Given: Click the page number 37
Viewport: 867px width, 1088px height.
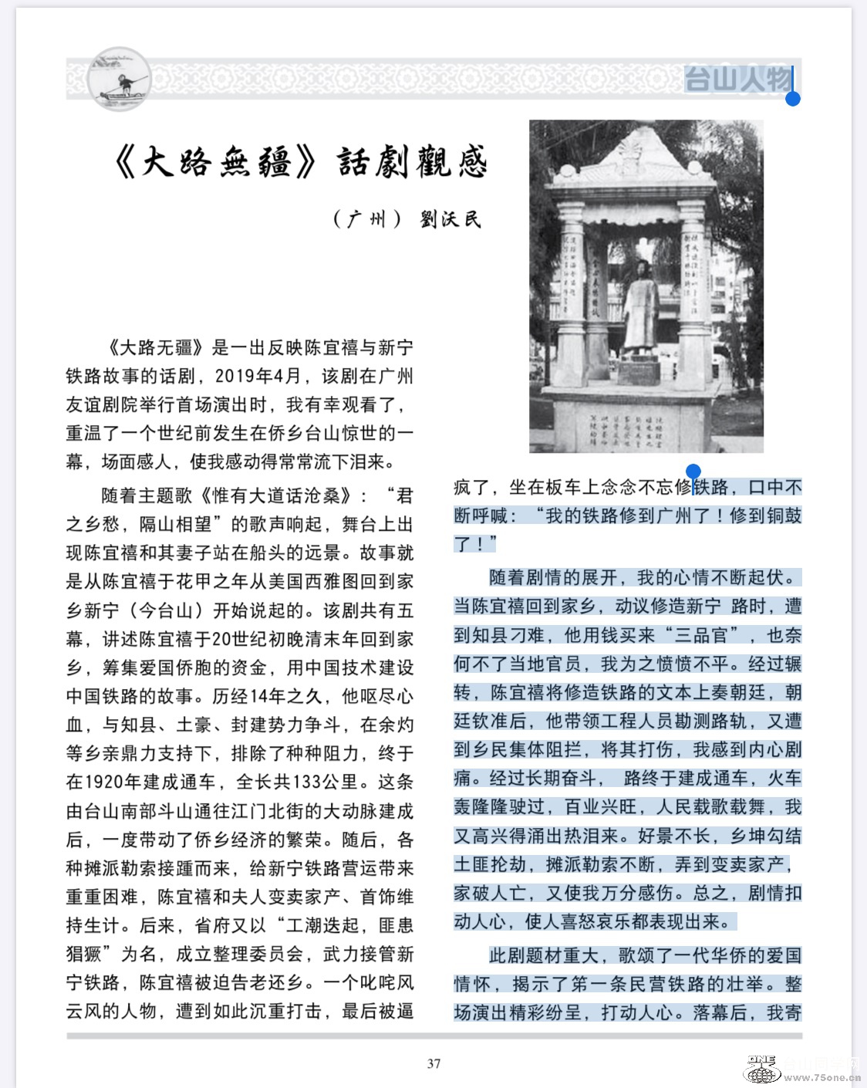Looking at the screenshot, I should tap(434, 1063).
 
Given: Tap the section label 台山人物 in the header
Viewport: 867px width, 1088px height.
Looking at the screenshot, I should tap(737, 79).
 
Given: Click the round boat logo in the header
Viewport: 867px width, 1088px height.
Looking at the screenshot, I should tap(118, 79).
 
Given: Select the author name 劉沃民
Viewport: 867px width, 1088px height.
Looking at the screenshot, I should tap(450, 219).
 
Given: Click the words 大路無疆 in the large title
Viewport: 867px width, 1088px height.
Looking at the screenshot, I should tap(215, 162).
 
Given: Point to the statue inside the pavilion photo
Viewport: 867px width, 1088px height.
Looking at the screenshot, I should tap(640, 309).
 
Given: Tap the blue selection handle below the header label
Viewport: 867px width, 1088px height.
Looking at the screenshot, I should tap(792, 99).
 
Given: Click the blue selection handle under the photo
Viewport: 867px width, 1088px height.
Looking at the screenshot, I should tap(693, 471).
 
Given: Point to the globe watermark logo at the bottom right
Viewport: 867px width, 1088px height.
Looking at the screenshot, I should tap(762, 1071).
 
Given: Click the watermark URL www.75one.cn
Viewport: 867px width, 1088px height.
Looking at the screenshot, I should tap(822, 1077).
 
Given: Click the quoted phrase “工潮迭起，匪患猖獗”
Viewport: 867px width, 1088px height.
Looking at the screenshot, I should tap(239, 939).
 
